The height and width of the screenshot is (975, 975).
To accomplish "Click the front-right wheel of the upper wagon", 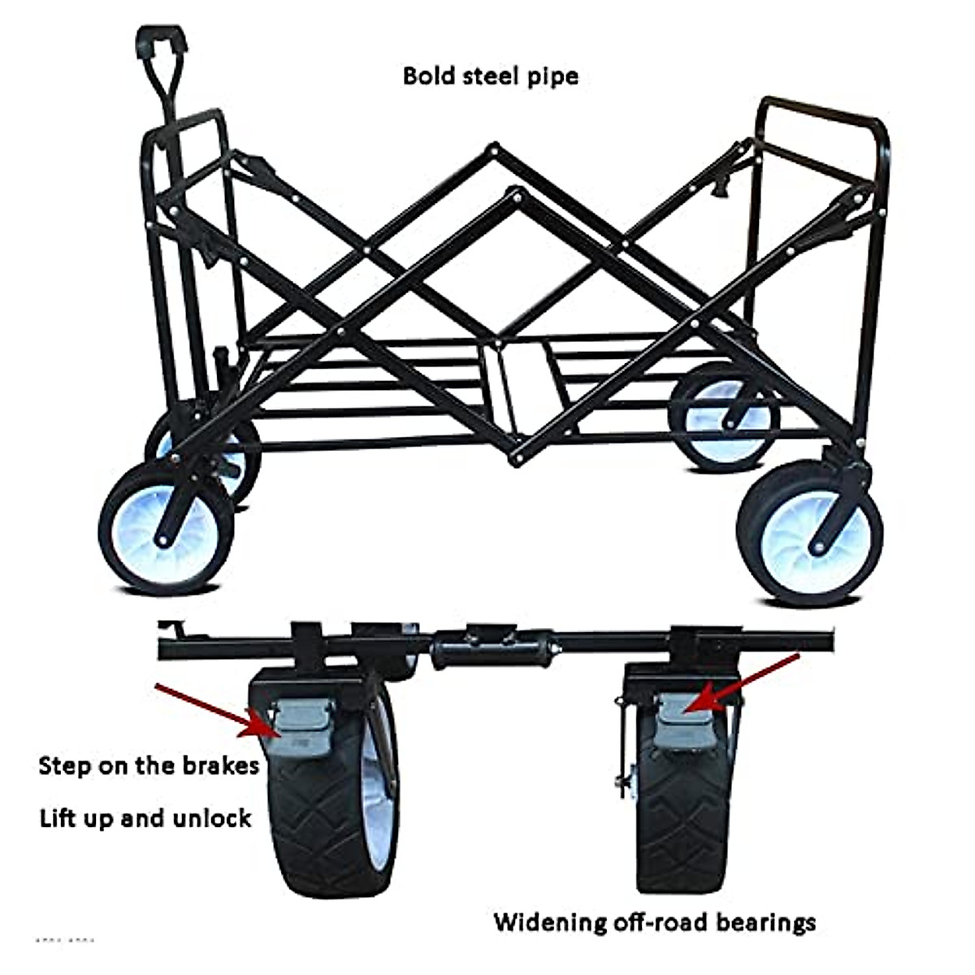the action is (811, 532).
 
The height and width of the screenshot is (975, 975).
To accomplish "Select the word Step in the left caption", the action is (63, 766).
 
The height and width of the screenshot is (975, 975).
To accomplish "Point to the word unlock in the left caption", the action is (210, 817).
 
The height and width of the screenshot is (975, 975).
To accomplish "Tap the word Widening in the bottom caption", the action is (550, 922).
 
